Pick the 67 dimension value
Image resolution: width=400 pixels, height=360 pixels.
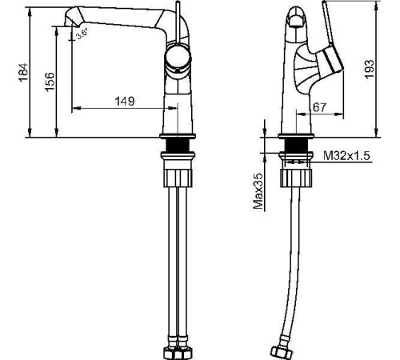(x=318, y=107)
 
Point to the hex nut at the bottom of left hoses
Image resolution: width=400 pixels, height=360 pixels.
(x=178, y=351)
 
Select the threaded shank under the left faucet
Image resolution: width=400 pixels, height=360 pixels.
(x=178, y=146)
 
